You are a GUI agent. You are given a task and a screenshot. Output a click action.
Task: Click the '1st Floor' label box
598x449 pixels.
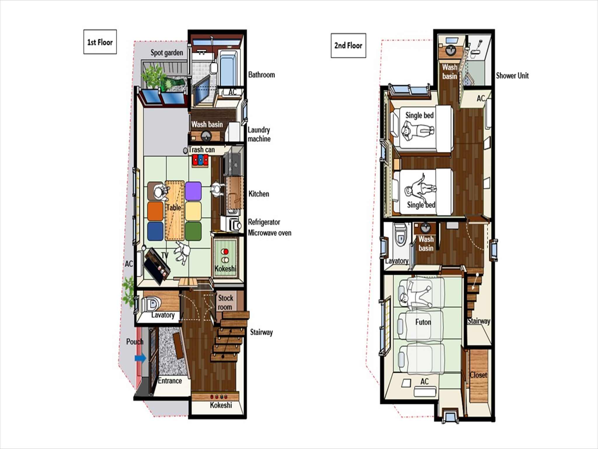pos(100,42)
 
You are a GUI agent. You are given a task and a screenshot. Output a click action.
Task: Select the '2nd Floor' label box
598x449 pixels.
pos(348,45)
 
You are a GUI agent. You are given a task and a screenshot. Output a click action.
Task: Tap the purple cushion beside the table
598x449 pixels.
pos(193,191)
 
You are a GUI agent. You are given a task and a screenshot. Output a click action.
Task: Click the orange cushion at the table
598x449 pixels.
pos(155,211)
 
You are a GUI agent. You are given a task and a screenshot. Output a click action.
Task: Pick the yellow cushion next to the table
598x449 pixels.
pos(193,211)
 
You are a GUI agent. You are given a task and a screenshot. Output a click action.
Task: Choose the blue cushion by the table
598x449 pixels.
pos(155,231)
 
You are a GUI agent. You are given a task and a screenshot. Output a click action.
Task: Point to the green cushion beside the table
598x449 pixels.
pos(193,231)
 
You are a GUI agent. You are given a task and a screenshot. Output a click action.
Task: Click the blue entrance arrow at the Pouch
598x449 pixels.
pos(140,358)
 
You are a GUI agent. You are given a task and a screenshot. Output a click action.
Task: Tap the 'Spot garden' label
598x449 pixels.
pos(167,53)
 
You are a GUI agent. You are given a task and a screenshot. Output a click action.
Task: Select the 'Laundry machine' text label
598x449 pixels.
pos(259,134)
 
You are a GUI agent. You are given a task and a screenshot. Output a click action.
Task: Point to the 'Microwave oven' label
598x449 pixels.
pos(270,233)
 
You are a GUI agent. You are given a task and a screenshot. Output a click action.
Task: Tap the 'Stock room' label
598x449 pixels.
pos(225,303)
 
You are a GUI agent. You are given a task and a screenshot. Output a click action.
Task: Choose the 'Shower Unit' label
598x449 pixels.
pos(512,76)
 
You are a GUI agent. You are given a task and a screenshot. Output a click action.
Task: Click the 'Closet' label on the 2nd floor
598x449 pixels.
pos(478,375)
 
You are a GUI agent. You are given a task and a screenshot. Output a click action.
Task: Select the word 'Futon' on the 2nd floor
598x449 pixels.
pos(423,322)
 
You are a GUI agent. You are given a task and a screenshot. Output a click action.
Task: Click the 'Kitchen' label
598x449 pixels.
pos(259,194)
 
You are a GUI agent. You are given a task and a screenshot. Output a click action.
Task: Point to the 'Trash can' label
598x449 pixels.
pos(201,150)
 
